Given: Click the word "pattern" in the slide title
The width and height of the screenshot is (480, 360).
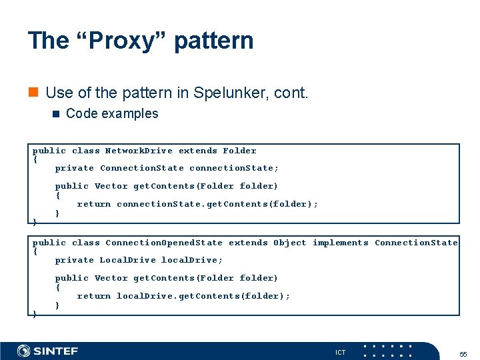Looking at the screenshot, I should (x=213, y=41).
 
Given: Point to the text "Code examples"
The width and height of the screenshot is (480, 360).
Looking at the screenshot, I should (x=112, y=113).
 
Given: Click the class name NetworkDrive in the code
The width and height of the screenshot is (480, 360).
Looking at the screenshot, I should (x=139, y=151).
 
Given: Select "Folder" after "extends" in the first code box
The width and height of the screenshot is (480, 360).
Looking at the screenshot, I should (x=239, y=151).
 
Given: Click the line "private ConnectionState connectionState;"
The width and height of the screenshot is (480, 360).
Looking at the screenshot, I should (x=167, y=168).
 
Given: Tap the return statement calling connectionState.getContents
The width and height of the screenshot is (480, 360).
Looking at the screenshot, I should (x=197, y=204).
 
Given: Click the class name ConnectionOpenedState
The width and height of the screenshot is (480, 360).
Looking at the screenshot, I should (x=164, y=243).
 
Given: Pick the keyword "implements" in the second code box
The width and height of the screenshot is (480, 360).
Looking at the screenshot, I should (x=340, y=243).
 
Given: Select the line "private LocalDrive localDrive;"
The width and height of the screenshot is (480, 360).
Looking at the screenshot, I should (x=139, y=260).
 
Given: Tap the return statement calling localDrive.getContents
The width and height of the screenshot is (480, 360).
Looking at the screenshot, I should (x=183, y=296).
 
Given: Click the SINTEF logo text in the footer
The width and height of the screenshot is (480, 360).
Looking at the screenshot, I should (x=56, y=351).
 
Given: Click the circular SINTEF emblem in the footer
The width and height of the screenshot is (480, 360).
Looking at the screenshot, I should (x=23, y=351).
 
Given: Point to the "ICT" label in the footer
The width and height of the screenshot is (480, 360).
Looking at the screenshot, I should (x=340, y=352).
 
